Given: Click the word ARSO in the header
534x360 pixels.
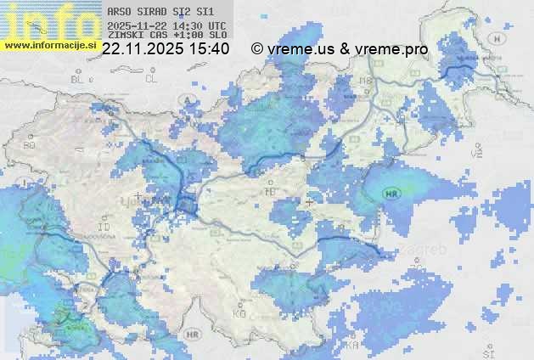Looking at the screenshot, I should (x=119, y=12).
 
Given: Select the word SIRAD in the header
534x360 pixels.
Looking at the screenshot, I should (x=153, y=12).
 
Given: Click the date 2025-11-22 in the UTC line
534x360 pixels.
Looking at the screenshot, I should (x=138, y=25).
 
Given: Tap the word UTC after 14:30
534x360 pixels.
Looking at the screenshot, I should (x=216, y=25).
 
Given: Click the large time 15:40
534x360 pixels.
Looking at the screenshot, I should (x=210, y=49).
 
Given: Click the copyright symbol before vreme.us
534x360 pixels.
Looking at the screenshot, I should (x=257, y=49).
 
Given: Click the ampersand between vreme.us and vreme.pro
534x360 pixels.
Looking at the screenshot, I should (x=345, y=49).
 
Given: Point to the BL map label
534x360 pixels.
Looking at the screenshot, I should (x=79, y=79).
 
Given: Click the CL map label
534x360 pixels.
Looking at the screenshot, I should (x=151, y=79).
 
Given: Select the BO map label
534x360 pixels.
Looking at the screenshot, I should (x=29, y=145).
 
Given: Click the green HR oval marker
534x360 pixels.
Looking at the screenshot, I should (x=391, y=193).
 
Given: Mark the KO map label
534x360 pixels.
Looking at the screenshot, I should (x=240, y=313).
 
